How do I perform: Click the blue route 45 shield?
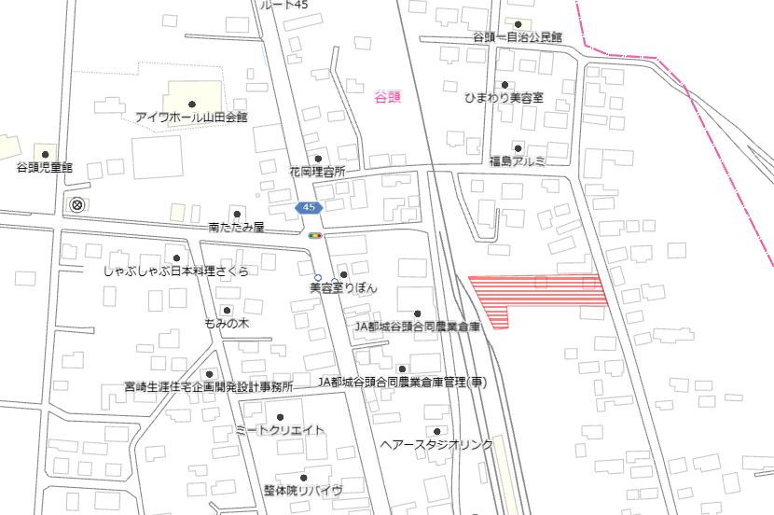pos(308,207)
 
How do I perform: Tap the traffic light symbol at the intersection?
pos(316,236)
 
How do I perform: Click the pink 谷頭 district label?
pos(386,96)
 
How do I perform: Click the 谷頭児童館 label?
pos(44,168)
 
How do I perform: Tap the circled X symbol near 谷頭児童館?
pos(76,204)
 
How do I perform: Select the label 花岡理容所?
pos(317,173)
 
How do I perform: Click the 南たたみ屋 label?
pos(237,227)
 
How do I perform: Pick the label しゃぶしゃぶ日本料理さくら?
pos(176,271)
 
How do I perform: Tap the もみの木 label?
pos(227,323)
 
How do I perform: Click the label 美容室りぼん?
pos(343,289)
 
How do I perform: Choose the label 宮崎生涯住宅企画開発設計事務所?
pos(209,386)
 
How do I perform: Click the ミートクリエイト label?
pos(280,430)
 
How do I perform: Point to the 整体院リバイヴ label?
pos(302,491)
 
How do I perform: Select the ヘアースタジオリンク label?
pos(436,445)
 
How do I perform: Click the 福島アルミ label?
pos(517,161)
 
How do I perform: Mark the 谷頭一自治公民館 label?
pos(518,37)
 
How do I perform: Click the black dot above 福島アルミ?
pos(518,148)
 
